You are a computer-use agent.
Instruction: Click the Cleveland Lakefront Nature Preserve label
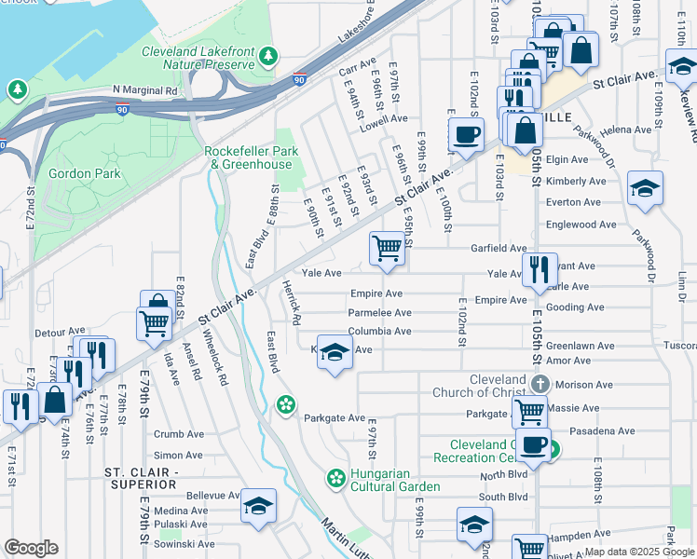coord(198,58)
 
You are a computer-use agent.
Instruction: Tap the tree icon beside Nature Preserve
coord(268,57)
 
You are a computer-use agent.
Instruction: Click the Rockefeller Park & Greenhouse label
coord(249,157)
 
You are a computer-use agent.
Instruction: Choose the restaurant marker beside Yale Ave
coord(540,270)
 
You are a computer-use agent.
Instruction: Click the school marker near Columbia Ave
coord(335,352)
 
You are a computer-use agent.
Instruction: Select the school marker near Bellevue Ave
coord(258,506)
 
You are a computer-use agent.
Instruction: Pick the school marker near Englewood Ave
coord(646,189)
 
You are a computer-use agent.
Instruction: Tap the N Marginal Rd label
coord(144,90)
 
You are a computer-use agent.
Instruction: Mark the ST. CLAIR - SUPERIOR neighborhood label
coord(141,479)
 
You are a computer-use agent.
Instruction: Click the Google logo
coord(31,547)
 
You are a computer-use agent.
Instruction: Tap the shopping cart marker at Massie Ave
coord(530,410)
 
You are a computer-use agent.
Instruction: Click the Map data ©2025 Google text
coord(639,552)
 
